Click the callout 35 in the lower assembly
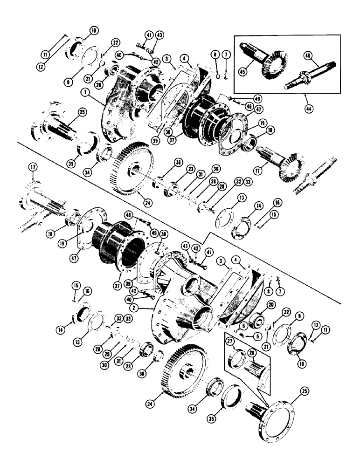click(x=212, y=412)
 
